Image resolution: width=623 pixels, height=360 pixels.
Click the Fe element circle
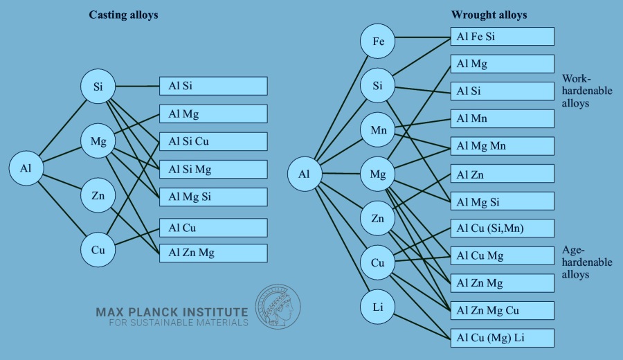pyautogui.click(x=378, y=41)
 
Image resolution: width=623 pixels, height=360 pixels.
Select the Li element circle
pyautogui.click(x=378, y=306)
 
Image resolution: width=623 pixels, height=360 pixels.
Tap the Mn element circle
pyautogui.click(x=378, y=130)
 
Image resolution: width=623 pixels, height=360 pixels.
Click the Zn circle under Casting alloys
pyautogui.click(x=98, y=196)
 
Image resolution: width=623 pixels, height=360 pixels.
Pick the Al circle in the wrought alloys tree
pyautogui.click(x=305, y=174)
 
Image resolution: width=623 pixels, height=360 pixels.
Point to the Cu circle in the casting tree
pyautogui.click(x=98, y=249)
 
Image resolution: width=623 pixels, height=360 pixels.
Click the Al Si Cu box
pyautogui.click(x=213, y=142)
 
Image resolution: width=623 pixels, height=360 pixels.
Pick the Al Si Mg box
pyautogui.click(x=213, y=170)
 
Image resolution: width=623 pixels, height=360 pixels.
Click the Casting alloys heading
pyautogui.click(x=123, y=15)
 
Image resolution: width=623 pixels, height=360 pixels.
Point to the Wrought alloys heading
pyautogui.click(x=489, y=15)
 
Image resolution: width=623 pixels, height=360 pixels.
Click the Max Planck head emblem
pyautogui.click(x=278, y=307)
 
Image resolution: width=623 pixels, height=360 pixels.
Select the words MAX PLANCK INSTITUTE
pyautogui.click(x=171, y=312)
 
